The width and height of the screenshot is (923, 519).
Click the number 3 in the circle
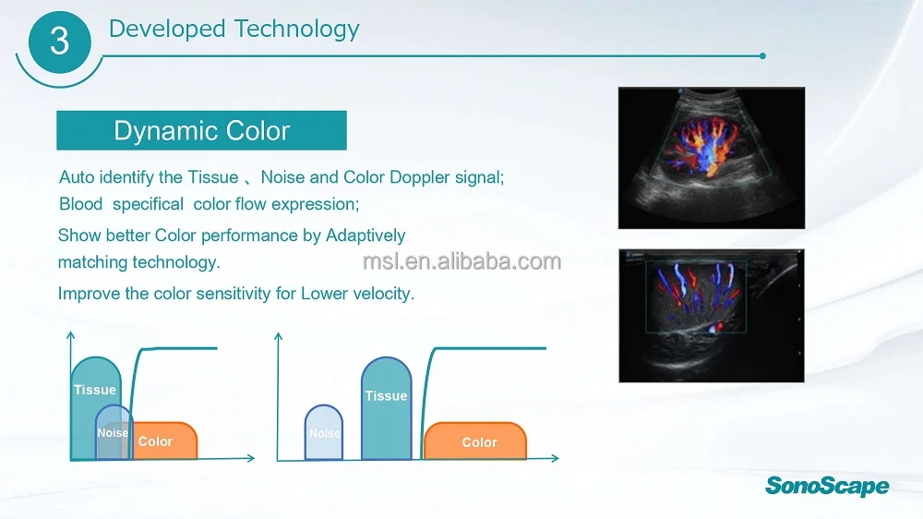pyautogui.click(x=59, y=42)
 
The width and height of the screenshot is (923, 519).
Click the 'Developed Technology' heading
pyautogui.click(x=234, y=29)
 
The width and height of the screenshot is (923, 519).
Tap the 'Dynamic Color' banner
pyautogui.click(x=201, y=131)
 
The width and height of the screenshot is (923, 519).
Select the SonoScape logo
pyautogui.click(x=827, y=486)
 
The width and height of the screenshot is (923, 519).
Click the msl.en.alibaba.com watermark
pyautogui.click(x=461, y=261)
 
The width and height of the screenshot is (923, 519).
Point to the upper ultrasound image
pyautogui.click(x=711, y=158)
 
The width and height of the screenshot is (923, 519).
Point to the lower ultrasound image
pyautogui.click(x=711, y=315)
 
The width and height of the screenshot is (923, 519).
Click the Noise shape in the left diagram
pyautogui.click(x=114, y=433)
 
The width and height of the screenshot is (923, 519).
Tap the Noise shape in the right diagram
pyautogui.click(x=324, y=433)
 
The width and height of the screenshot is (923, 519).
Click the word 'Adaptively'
pyautogui.click(x=365, y=235)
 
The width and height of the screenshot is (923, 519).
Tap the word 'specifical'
pyautogui.click(x=148, y=204)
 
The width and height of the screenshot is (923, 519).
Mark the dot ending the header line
pyautogui.click(x=762, y=55)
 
